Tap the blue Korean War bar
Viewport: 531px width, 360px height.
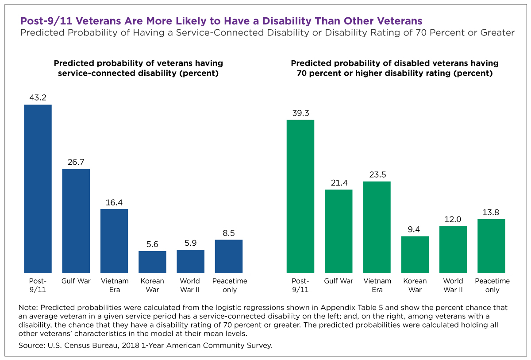(x=152, y=262)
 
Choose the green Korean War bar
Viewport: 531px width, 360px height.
(x=415, y=254)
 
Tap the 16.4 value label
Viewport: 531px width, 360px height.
(x=114, y=202)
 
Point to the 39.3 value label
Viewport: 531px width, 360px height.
(x=300, y=113)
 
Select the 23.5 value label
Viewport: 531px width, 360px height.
(x=377, y=174)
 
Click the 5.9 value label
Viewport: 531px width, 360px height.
(x=190, y=243)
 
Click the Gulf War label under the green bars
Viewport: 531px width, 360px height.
(x=339, y=281)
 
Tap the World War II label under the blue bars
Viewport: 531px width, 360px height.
(x=190, y=285)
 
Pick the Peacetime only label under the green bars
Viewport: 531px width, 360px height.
(x=492, y=285)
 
